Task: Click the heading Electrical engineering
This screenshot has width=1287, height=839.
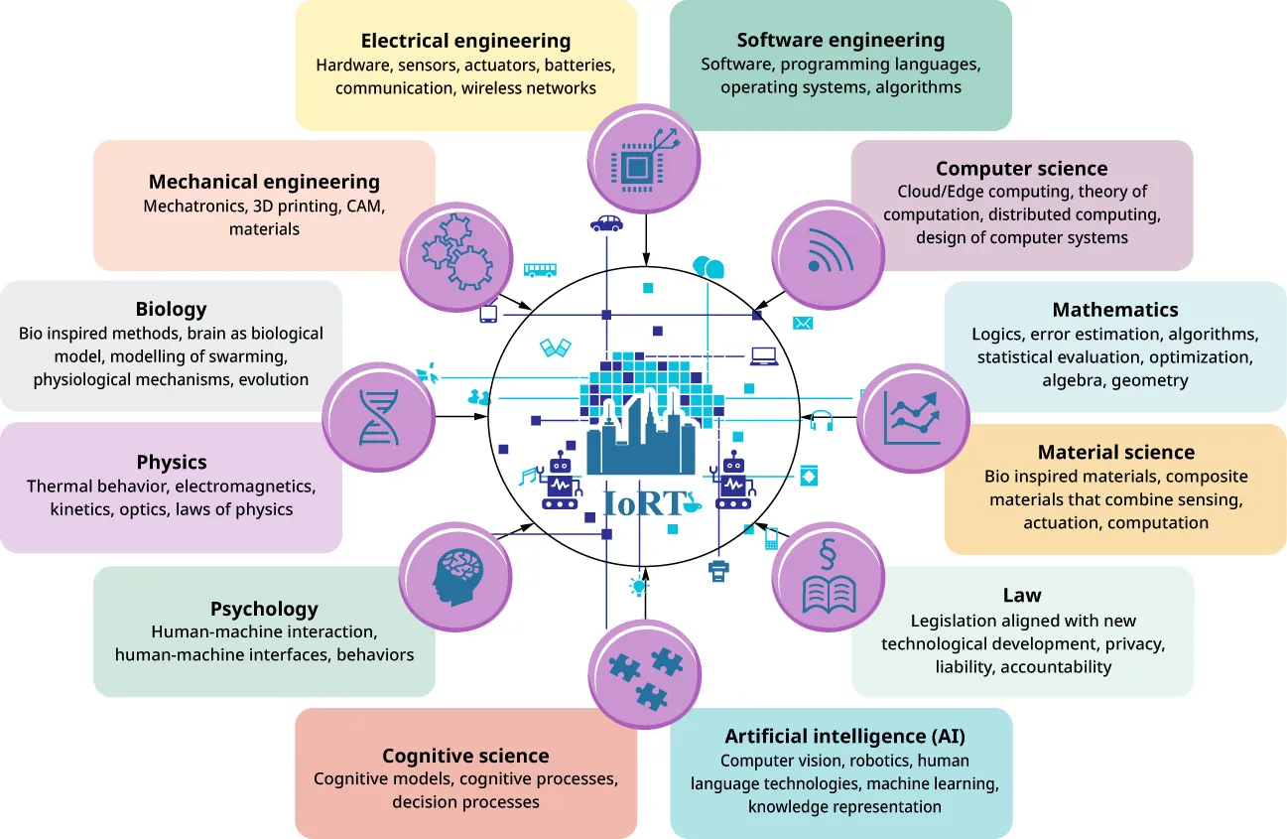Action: [465, 41]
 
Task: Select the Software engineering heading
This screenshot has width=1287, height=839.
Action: [840, 41]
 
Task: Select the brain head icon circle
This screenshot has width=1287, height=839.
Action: [454, 577]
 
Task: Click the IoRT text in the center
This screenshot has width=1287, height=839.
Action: [645, 502]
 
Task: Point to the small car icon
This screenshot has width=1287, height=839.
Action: [605, 223]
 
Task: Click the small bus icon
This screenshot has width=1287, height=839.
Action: [540, 269]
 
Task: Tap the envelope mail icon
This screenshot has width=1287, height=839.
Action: [803, 323]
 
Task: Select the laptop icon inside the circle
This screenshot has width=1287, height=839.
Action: [763, 355]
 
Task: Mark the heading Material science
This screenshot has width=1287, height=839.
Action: [1115, 453]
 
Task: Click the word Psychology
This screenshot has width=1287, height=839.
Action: [264, 609]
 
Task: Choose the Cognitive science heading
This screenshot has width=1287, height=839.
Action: [465, 756]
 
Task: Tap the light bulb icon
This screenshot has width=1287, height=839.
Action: [637, 587]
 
